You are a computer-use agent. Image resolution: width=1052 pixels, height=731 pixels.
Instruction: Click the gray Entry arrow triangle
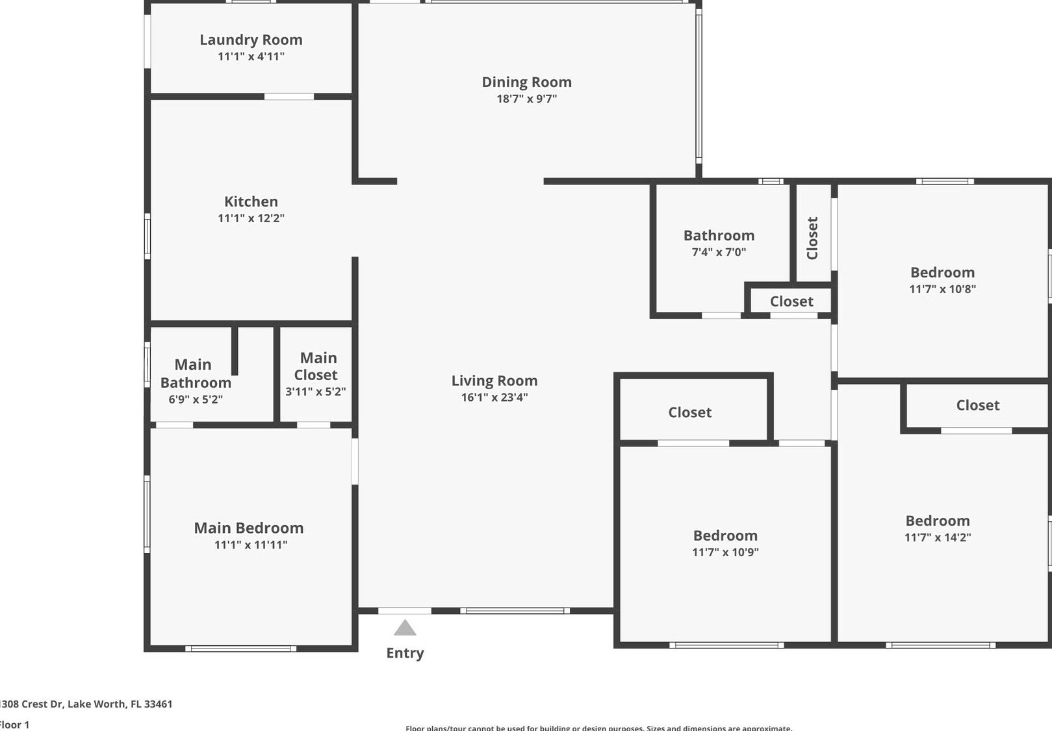pos(405,629)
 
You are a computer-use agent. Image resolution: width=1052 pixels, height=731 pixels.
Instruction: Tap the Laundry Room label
pos(251,40)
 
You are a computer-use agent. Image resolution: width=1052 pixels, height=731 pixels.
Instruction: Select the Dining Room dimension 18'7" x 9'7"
pos(526,99)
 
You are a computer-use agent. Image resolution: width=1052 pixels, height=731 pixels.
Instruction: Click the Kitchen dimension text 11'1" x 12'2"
pos(251,218)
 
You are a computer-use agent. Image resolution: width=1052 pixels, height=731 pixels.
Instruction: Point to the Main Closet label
pos(316,366)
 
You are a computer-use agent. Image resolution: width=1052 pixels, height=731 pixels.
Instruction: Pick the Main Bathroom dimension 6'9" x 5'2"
pos(196,400)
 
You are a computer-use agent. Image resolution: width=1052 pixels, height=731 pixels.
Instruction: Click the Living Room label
pos(494,381)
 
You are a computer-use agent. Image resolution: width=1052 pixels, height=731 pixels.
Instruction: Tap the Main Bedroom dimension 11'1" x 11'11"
pos(251,545)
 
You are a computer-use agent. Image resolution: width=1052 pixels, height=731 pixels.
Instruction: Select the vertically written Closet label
pos(812,238)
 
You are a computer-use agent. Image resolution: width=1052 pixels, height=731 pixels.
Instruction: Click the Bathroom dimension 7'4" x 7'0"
pos(719,252)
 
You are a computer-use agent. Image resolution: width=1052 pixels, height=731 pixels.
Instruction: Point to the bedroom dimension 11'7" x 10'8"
pos(942,289)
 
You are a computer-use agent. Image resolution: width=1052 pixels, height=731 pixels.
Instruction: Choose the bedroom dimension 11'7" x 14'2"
pos(938,537)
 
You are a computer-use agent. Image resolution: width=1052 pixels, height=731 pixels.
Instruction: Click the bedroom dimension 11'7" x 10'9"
pos(725,552)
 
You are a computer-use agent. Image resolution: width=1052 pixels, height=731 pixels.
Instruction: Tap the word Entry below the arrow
pos(405,653)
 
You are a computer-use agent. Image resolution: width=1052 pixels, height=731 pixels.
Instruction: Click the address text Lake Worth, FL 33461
pos(120,704)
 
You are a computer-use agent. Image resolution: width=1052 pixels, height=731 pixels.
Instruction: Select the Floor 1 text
pos(14,725)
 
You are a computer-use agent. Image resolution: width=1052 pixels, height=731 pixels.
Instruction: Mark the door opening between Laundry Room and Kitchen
pos(289,97)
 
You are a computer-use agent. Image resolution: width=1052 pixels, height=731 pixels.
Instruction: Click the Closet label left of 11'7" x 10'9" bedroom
pos(689,413)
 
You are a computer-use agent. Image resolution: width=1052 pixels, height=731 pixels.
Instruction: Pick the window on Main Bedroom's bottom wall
pos(240,648)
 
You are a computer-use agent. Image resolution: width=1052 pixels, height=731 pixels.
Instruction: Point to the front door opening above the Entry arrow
pos(405,611)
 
